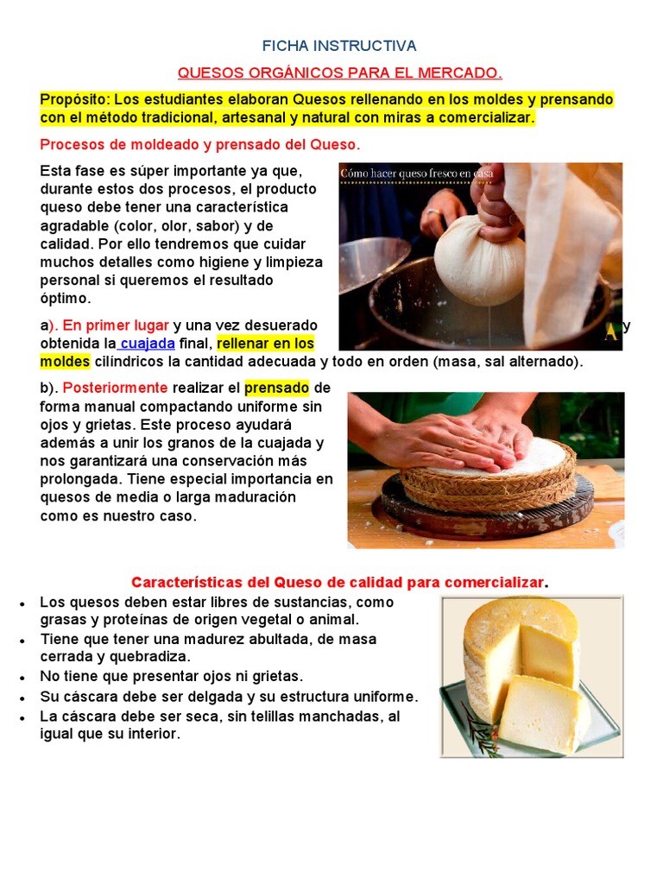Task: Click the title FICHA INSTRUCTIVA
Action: [x=339, y=46]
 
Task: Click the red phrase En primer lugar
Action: [x=115, y=325]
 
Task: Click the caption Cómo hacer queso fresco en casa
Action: [x=417, y=174]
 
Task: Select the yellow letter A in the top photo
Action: [x=611, y=333]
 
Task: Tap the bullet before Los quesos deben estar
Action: [x=21, y=603]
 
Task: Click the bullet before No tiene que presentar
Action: [x=21, y=678]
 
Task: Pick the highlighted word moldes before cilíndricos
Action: [x=64, y=362]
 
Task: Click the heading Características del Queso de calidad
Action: [x=338, y=583]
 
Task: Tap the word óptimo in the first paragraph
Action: [x=65, y=298]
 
